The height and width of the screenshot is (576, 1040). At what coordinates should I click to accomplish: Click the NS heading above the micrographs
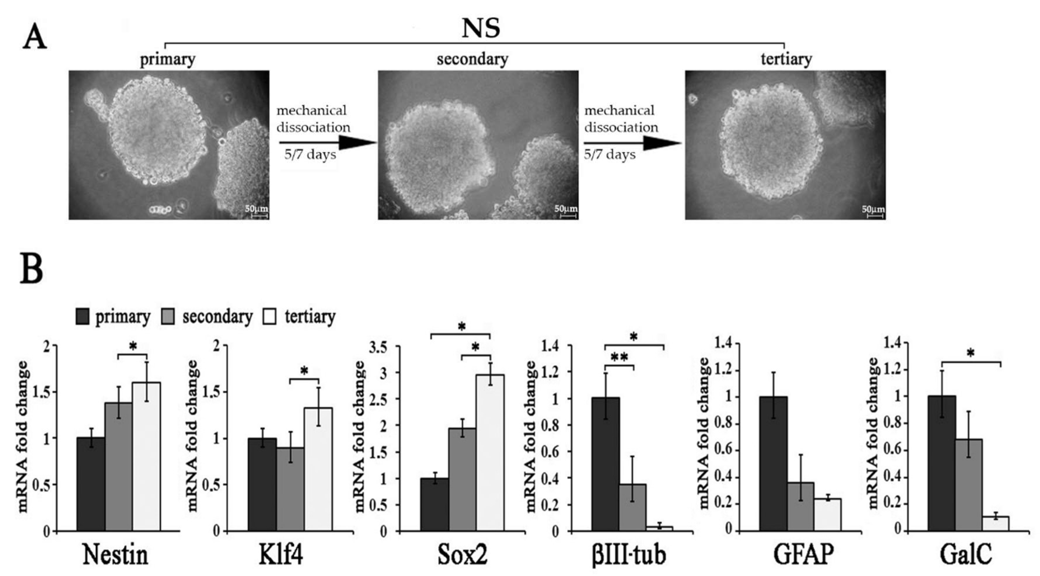480,29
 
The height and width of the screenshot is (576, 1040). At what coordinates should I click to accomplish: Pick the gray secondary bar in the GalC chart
969,485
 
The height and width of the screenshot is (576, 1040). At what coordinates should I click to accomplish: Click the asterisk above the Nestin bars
132,346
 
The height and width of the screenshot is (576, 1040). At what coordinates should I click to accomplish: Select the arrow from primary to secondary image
327,142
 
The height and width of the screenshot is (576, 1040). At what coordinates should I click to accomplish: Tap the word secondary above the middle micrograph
472,59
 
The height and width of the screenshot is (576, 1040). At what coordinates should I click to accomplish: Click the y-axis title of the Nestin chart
23,436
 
